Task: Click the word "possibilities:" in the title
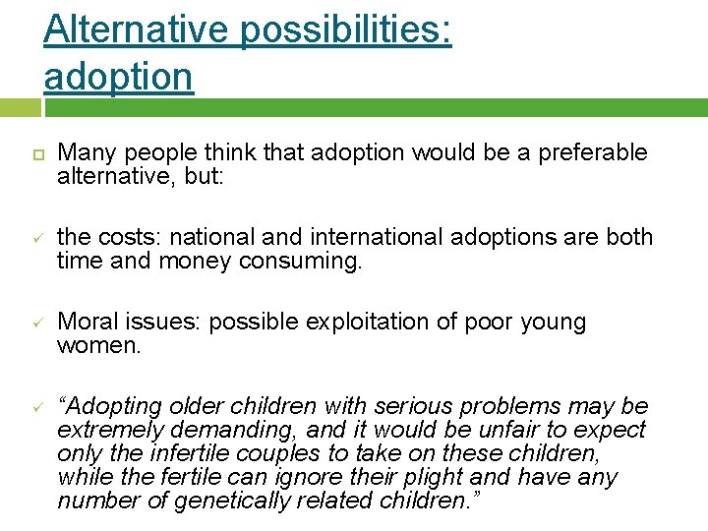[x=345, y=29]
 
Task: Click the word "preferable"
[x=589, y=152]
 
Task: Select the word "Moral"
[x=88, y=322]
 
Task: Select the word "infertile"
[x=175, y=453]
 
